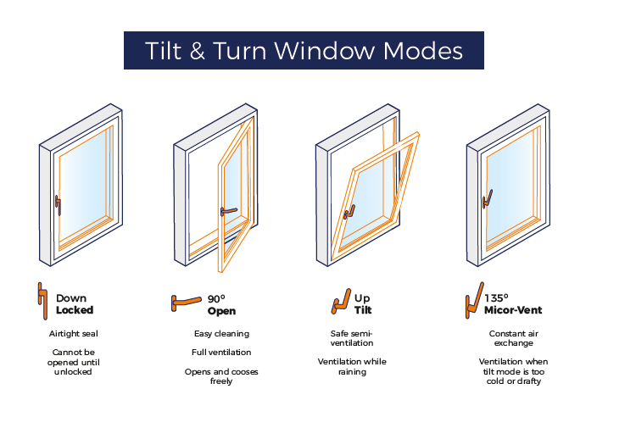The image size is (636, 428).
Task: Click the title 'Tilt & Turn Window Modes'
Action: (304, 50)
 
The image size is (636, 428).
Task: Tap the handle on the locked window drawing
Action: (57, 203)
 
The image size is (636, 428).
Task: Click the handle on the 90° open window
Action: (227, 210)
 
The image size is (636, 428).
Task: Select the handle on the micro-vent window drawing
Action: (487, 199)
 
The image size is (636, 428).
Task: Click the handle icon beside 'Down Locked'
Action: (42, 303)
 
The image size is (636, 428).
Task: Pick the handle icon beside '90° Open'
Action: (186, 301)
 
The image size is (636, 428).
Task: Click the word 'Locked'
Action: (75, 310)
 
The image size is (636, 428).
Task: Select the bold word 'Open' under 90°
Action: (221, 310)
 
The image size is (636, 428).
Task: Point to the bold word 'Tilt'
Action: (362, 310)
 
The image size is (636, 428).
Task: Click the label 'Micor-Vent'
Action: (513, 310)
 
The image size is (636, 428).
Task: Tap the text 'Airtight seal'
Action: (74, 334)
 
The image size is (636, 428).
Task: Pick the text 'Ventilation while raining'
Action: (352, 366)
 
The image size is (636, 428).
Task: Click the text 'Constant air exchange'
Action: (513, 339)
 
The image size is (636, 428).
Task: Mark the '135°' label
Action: (496, 298)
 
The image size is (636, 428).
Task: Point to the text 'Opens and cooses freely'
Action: (221, 376)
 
